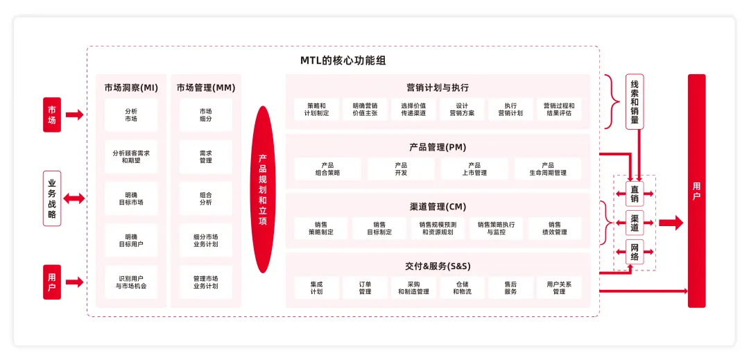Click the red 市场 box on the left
52,114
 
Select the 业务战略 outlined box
52,198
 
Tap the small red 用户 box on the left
52,282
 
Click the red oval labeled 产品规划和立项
263,189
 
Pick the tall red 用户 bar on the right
696,191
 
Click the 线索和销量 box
635,101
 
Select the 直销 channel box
635,194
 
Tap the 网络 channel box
635,252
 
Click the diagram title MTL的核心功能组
343,60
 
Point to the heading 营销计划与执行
438,87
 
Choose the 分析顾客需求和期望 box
131,157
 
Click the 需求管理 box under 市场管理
206,157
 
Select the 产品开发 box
401,169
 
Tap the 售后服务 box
510,288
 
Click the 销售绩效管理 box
555,228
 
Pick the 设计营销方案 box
462,110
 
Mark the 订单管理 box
365,288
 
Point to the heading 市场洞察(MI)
131,88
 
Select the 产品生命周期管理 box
548,169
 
